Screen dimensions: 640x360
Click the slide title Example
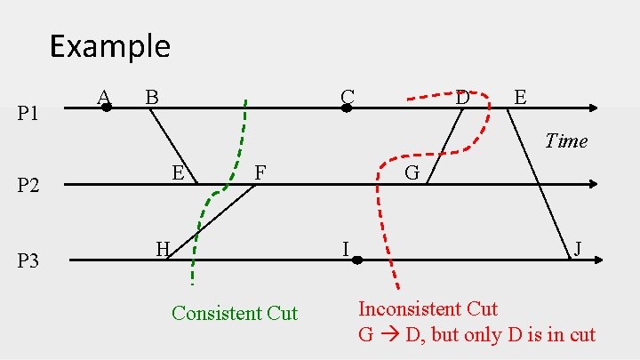pyautogui.click(x=109, y=45)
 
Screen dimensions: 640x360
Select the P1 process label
pyautogui.click(x=29, y=113)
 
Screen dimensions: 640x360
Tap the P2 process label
pyautogui.click(x=29, y=186)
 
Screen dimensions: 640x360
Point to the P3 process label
pyautogui.click(x=29, y=261)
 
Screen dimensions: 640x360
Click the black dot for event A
pyautogui.click(x=107, y=108)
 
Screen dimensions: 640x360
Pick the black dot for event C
pyautogui.click(x=347, y=108)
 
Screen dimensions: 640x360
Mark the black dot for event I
pyautogui.click(x=356, y=260)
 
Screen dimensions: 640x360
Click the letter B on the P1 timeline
pyautogui.click(x=152, y=95)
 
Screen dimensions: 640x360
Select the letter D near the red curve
pyautogui.click(x=462, y=96)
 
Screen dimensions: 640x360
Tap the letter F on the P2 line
pyautogui.click(x=260, y=172)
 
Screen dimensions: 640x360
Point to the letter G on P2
pyautogui.click(x=412, y=172)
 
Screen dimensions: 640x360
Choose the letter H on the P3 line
pyautogui.click(x=163, y=249)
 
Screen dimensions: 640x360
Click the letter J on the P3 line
pyautogui.click(x=578, y=248)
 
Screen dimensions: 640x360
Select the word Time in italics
pyautogui.click(x=566, y=140)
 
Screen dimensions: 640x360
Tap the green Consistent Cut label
pyautogui.click(x=235, y=313)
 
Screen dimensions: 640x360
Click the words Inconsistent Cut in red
pyautogui.click(x=428, y=308)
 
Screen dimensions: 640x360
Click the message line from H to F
pyautogui.click(x=212, y=222)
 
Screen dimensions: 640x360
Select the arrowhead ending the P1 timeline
pyautogui.click(x=594, y=108)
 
